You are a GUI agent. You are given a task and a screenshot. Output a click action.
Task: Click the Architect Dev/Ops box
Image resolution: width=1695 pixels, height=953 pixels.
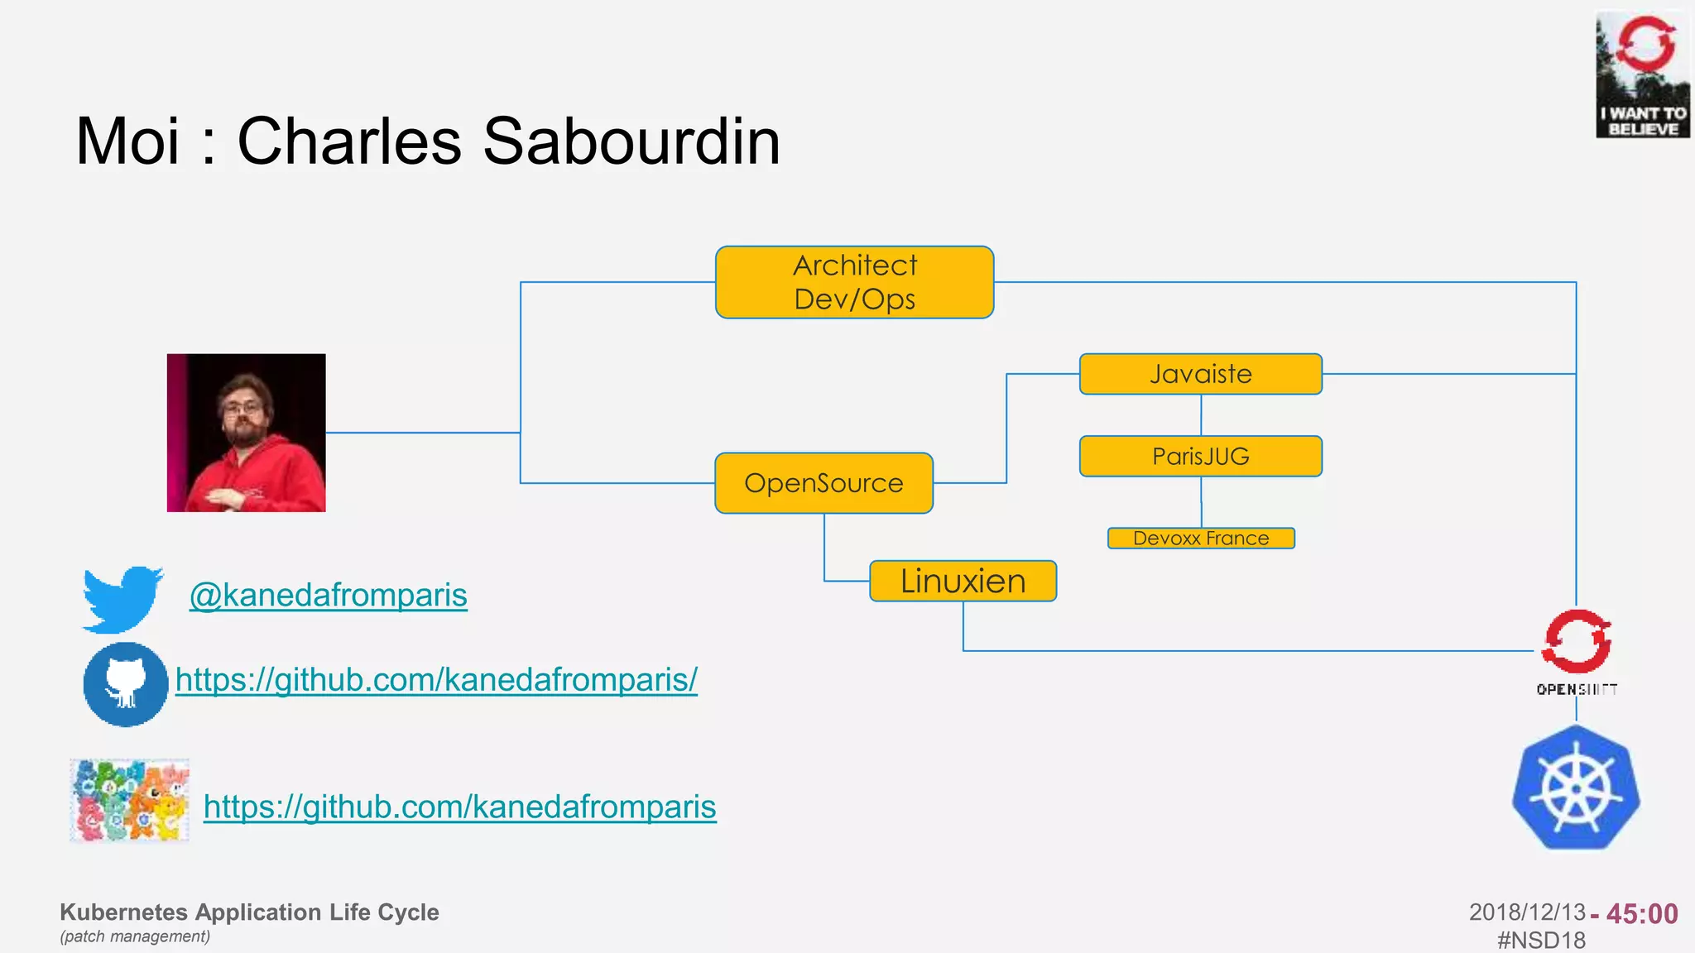click(x=854, y=282)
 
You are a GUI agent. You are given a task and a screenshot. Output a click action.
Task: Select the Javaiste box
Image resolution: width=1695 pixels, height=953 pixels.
click(x=1200, y=374)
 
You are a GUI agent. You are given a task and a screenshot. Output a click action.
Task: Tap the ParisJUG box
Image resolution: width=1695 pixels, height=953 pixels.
click(x=1200, y=456)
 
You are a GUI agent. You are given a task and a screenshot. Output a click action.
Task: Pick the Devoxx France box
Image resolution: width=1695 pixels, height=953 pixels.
click(x=1200, y=539)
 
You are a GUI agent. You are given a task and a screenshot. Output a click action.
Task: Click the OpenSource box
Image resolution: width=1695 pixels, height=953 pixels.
click(x=823, y=483)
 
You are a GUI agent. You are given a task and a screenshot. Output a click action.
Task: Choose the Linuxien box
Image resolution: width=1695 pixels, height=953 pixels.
click(x=963, y=581)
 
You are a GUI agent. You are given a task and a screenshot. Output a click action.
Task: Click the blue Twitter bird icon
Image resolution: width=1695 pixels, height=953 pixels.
click(x=122, y=599)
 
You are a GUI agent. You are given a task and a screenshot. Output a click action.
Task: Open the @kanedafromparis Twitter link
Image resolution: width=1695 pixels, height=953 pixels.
click(x=329, y=596)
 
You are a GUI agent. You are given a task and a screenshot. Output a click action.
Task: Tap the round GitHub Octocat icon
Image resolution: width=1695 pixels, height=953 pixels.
click(x=125, y=684)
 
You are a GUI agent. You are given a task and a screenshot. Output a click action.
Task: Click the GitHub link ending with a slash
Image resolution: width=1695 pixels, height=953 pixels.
click(x=436, y=680)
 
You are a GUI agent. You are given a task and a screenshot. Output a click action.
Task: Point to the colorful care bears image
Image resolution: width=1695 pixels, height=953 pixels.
click(x=130, y=800)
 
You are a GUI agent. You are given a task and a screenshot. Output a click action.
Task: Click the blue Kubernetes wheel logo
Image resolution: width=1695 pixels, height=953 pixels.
click(x=1576, y=788)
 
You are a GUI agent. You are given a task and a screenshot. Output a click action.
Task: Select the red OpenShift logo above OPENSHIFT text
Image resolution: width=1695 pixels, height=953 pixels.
click(x=1576, y=641)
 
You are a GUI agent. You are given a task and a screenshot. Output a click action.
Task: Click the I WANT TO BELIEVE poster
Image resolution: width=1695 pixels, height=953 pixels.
click(x=1642, y=74)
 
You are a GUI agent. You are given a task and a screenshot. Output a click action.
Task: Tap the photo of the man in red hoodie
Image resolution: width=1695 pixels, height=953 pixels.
click(x=246, y=433)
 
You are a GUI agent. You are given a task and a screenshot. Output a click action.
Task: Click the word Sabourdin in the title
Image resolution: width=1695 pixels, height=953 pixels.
click(x=631, y=141)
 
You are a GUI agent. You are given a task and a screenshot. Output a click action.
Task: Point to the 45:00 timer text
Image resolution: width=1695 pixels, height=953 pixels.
click(x=1642, y=913)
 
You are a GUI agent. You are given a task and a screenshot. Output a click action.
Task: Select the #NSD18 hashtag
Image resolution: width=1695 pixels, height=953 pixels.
click(x=1541, y=940)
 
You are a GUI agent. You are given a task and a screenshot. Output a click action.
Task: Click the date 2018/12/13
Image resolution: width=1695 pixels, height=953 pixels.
click(x=1526, y=912)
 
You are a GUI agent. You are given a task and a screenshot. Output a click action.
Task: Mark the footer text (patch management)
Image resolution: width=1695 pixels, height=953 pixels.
click(x=135, y=936)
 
